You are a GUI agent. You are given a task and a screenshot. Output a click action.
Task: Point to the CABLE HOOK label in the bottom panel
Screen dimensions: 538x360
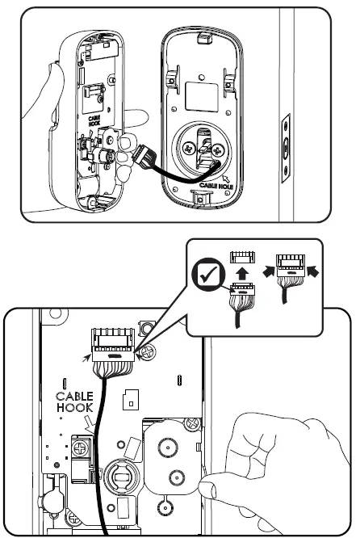pyautogui.click(x=74, y=403)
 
